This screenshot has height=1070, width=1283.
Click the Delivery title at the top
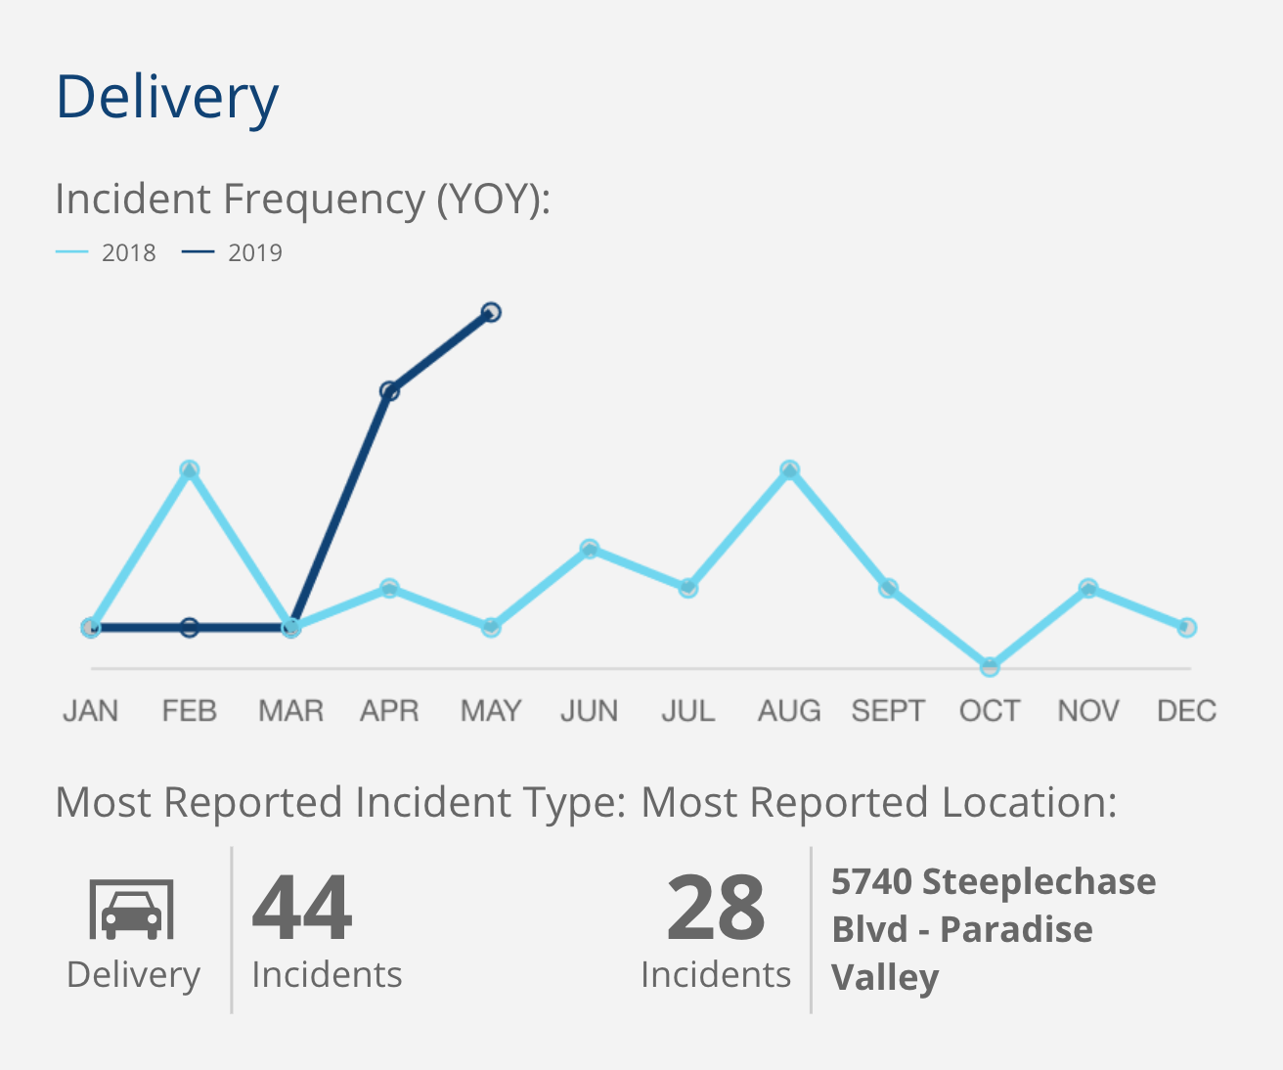pos(167,97)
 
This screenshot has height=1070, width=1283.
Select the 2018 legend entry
pos(107,252)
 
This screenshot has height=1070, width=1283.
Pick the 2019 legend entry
pos(233,252)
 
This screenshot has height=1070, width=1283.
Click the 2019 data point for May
pos(491,312)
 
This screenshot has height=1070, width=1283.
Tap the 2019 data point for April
pos(389,391)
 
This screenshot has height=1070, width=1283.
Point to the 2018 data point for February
pos(190,469)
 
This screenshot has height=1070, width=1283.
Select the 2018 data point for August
pos(789,470)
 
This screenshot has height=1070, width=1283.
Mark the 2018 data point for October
pos(990,667)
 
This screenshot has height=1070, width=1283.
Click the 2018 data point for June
pos(590,549)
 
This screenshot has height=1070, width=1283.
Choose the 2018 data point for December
pos(1186,627)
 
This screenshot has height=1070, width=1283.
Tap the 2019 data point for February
pos(190,627)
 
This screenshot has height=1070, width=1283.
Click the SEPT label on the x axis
pos(888,711)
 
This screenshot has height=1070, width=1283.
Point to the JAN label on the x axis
pos(91,711)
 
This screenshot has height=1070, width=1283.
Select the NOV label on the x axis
pos(1088,711)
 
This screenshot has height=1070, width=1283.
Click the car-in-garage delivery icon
pos(132,909)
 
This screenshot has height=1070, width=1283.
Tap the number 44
pos(302,908)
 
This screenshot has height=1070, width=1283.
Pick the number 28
pos(716,908)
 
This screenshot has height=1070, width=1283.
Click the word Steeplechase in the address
pos(1039,881)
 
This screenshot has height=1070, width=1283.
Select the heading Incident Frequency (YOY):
pos(303,199)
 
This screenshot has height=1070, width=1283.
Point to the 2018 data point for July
pos(688,588)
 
